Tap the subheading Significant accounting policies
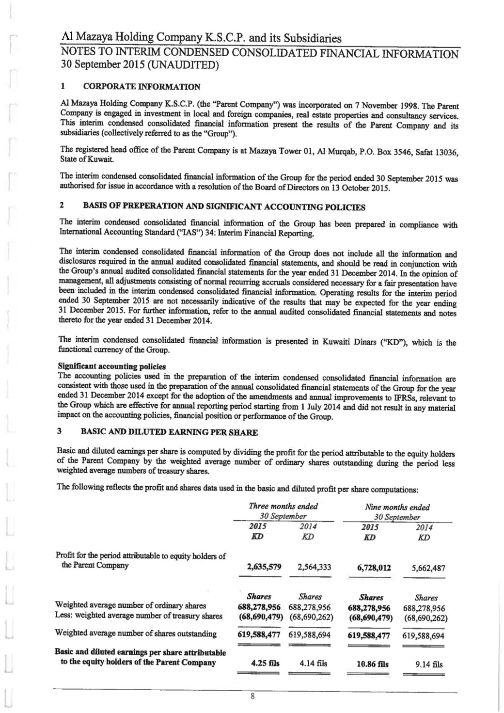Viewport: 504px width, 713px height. click(x=111, y=366)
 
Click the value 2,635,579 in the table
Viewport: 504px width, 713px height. click(x=264, y=567)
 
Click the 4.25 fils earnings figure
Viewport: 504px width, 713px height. click(x=266, y=664)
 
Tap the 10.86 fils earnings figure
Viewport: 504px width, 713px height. click(x=373, y=664)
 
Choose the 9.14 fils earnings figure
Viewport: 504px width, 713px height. click(x=429, y=665)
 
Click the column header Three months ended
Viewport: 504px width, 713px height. click(x=283, y=507)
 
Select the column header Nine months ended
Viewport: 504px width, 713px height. click(x=397, y=507)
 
